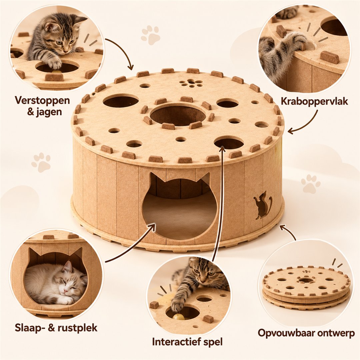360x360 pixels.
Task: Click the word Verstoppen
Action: (42, 101)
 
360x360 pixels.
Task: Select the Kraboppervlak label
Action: (314, 101)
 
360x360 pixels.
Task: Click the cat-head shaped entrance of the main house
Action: (180, 207)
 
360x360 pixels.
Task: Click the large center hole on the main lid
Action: (178, 114)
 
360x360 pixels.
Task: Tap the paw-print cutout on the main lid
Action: (191, 83)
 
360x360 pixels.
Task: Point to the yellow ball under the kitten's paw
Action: (178, 317)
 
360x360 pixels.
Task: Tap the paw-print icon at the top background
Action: (151, 35)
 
